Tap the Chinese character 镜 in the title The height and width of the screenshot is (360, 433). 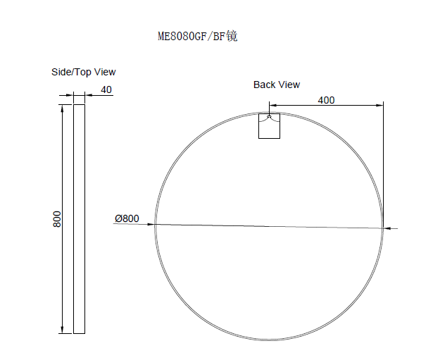coord(232,36)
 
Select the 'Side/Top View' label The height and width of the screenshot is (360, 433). coord(84,72)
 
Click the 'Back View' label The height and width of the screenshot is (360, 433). coord(277,85)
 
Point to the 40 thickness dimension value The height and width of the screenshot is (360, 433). coord(106,89)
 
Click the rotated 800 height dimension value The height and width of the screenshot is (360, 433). coord(57,218)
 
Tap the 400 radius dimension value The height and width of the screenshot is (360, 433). coord(326,100)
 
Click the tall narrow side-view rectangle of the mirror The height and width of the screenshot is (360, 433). coord(79,218)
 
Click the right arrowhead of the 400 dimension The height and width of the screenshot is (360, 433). coord(380,106)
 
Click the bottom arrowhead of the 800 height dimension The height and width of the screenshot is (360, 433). coord(63,329)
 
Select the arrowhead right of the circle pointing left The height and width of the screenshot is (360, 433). coord(388,228)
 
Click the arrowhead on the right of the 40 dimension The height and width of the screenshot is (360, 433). coord(88,95)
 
